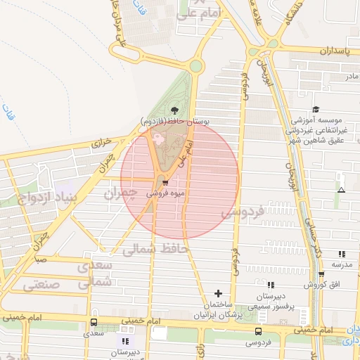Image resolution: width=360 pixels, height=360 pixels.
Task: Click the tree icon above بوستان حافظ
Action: coord(174,109)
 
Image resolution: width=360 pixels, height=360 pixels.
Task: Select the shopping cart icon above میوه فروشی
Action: coord(165,184)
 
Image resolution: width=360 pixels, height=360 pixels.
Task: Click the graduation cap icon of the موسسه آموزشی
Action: coord(316,109)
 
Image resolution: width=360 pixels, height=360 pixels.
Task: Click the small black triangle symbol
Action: coord(341,190)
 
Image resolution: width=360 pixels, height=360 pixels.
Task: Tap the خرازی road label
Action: coord(103,143)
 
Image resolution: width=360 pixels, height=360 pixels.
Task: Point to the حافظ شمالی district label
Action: coord(155,248)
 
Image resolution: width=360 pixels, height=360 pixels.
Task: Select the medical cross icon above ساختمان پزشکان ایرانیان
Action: coord(218,292)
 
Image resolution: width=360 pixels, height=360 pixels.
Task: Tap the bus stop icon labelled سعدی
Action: coord(94,323)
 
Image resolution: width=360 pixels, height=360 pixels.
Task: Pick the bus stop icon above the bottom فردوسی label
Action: coord(258,331)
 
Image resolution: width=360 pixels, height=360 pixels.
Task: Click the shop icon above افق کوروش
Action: coord(321,275)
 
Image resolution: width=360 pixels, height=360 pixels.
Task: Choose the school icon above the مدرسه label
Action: coord(342,254)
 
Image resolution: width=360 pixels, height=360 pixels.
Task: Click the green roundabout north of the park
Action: coord(196,67)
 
